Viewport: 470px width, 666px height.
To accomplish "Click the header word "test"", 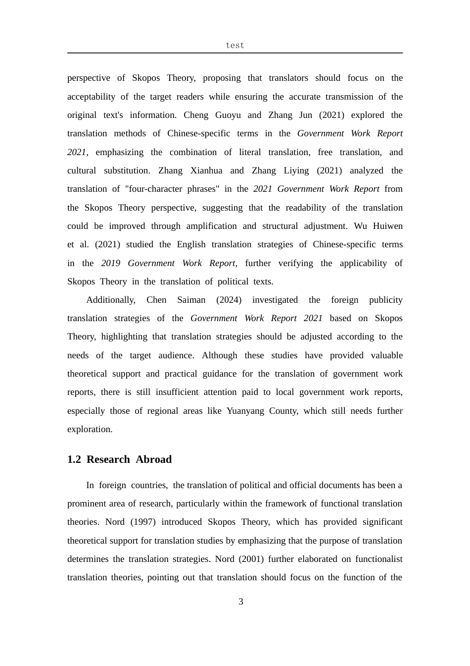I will (x=235, y=45).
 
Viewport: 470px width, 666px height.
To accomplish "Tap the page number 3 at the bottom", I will (x=241, y=602).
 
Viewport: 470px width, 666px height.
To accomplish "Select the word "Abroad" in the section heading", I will (x=154, y=459).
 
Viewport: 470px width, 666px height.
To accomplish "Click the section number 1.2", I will (x=74, y=459).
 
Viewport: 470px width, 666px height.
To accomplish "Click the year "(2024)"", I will (x=229, y=300).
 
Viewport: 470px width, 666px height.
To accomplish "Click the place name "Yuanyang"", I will (x=245, y=411).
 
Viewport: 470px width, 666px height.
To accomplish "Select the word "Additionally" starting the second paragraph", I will (x=111, y=300).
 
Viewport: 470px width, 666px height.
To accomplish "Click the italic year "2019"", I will (x=111, y=263).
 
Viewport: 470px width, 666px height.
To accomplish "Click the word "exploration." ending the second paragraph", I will (x=90, y=429).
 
